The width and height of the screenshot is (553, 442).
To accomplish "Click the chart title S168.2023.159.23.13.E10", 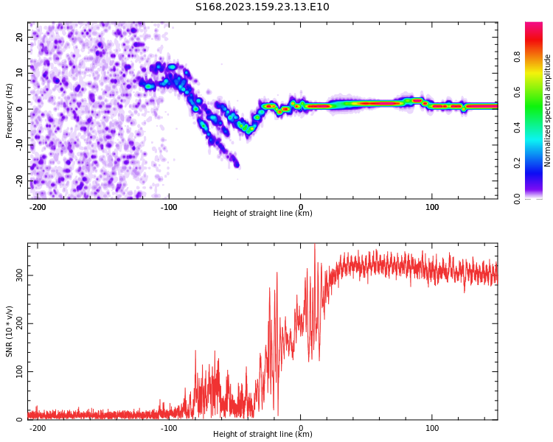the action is (262, 7).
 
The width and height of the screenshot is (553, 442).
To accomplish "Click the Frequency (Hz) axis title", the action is (9, 110).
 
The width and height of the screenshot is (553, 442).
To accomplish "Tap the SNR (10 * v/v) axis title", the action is (9, 331).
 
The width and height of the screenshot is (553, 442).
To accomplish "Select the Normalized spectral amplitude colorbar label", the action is (547, 110).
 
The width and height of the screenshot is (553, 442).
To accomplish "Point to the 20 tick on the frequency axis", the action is (19, 37).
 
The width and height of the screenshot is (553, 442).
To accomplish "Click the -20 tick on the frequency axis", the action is (19, 180).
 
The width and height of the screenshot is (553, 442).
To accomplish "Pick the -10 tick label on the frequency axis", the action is (19, 145).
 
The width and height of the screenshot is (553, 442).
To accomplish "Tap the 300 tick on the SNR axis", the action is (19, 276).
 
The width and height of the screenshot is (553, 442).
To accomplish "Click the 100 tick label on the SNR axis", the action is (19, 371).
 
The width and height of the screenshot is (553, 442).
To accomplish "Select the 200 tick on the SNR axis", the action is (19, 323).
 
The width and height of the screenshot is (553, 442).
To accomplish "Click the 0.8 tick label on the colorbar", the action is (517, 57).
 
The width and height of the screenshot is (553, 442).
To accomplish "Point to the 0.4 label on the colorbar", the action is (517, 127).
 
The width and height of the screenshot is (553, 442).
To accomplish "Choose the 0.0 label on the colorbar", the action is (517, 199).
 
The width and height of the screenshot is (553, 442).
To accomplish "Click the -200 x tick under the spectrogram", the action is (38, 207).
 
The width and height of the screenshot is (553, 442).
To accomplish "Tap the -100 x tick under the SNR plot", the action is (169, 428).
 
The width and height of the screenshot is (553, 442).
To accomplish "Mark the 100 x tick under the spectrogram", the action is (432, 207).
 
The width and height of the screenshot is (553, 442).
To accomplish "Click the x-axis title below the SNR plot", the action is (262, 434).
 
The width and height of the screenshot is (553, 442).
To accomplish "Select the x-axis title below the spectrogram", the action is (262, 213).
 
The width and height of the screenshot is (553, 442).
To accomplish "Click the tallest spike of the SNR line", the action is (315, 245).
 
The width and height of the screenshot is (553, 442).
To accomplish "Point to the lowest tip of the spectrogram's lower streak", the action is (237, 166).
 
